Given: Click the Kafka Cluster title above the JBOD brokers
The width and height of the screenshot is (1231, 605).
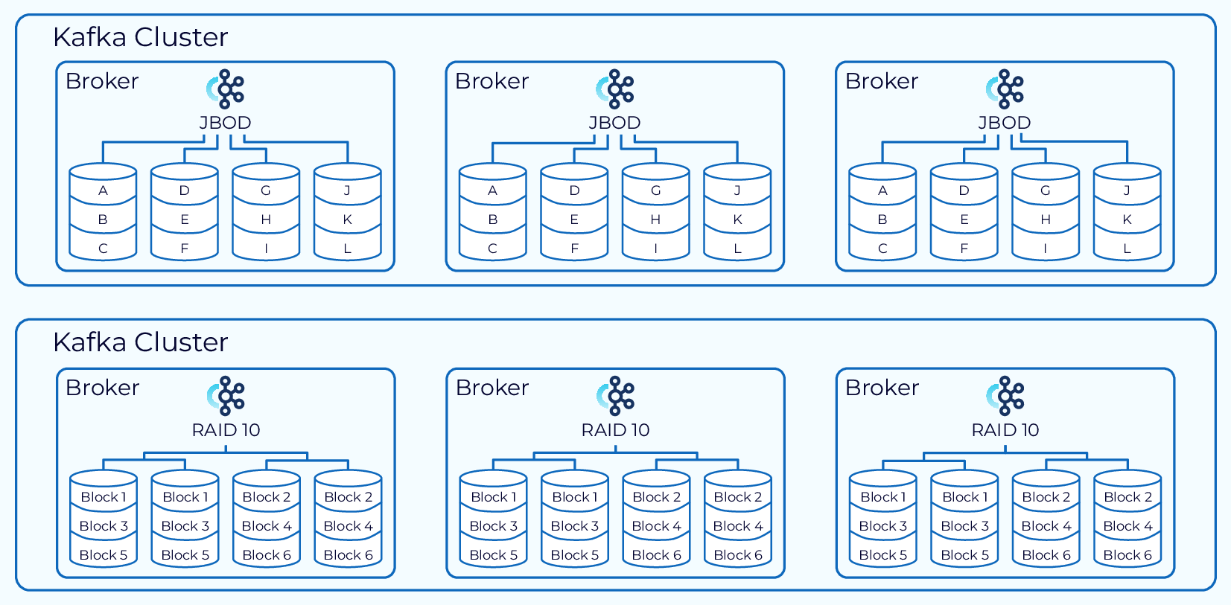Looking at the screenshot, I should tap(140, 37).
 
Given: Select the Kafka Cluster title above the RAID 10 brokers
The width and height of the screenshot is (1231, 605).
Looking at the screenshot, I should tap(140, 342).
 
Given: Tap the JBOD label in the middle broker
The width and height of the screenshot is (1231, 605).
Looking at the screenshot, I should tap(614, 123).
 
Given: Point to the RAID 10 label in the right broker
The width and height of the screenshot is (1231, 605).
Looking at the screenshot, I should tap(1005, 430).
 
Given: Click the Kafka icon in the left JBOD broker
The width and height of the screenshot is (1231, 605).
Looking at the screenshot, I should tap(226, 89).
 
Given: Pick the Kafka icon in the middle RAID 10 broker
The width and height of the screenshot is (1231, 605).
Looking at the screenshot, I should tap(616, 396).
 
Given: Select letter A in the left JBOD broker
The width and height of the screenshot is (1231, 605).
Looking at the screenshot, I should tap(103, 191).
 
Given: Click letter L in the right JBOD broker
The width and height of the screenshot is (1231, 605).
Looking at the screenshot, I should tap(1127, 249).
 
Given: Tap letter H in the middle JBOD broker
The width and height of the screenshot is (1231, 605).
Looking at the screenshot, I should tap(655, 220).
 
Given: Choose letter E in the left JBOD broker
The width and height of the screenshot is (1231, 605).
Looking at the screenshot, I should tap(185, 220).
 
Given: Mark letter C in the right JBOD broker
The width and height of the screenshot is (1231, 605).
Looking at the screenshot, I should tap(882, 249).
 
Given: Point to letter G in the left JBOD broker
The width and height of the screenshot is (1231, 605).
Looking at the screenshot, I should tap(266, 191).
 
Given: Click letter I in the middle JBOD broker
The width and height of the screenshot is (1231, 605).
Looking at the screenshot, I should tap(655, 249).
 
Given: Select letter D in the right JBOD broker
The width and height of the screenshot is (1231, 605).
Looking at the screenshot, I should tap(964, 191).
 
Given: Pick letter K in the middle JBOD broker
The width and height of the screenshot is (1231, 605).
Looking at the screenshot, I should tap(737, 220).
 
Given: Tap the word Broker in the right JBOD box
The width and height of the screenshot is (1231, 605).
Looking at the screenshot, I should tap(882, 81).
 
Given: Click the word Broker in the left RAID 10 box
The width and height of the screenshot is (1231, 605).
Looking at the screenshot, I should tap(102, 388).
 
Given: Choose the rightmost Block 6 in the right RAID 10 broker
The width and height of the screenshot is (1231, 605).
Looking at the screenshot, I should tap(1127, 555).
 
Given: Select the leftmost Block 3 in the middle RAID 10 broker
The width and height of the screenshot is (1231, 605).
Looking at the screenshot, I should tap(494, 526).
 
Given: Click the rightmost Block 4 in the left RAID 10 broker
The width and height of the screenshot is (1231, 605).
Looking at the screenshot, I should tap(348, 526).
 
